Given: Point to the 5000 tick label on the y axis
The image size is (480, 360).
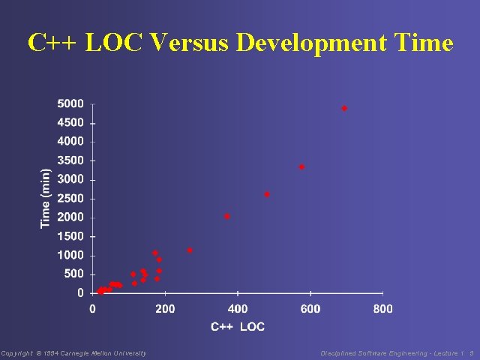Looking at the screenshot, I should tap(70, 103).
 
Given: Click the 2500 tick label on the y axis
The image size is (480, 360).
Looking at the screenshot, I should tap(70, 198).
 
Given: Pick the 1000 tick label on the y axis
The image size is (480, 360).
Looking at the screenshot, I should tap(70, 255).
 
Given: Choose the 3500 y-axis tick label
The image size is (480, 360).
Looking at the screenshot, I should tap(70, 160).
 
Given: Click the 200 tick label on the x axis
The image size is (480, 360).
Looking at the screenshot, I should tap(165, 308).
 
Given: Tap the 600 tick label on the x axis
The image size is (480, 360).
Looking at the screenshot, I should tap(310, 308).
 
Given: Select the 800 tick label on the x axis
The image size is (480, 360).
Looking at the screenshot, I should tap(382, 308).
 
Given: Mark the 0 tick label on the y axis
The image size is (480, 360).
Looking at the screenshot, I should tap(80, 293).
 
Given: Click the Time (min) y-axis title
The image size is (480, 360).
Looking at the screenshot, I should tap(46, 198).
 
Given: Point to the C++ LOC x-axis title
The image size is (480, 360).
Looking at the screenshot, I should tap(238, 326).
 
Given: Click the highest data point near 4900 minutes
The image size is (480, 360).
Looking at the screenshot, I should tap(344, 109).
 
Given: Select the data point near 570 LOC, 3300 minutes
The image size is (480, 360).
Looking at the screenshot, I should tap(301, 167).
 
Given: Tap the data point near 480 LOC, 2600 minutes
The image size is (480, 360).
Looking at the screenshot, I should tap(267, 194).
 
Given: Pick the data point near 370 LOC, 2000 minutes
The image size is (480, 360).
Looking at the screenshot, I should tap(227, 217).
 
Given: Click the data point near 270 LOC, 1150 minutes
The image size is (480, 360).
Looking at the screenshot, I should tap(190, 250).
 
